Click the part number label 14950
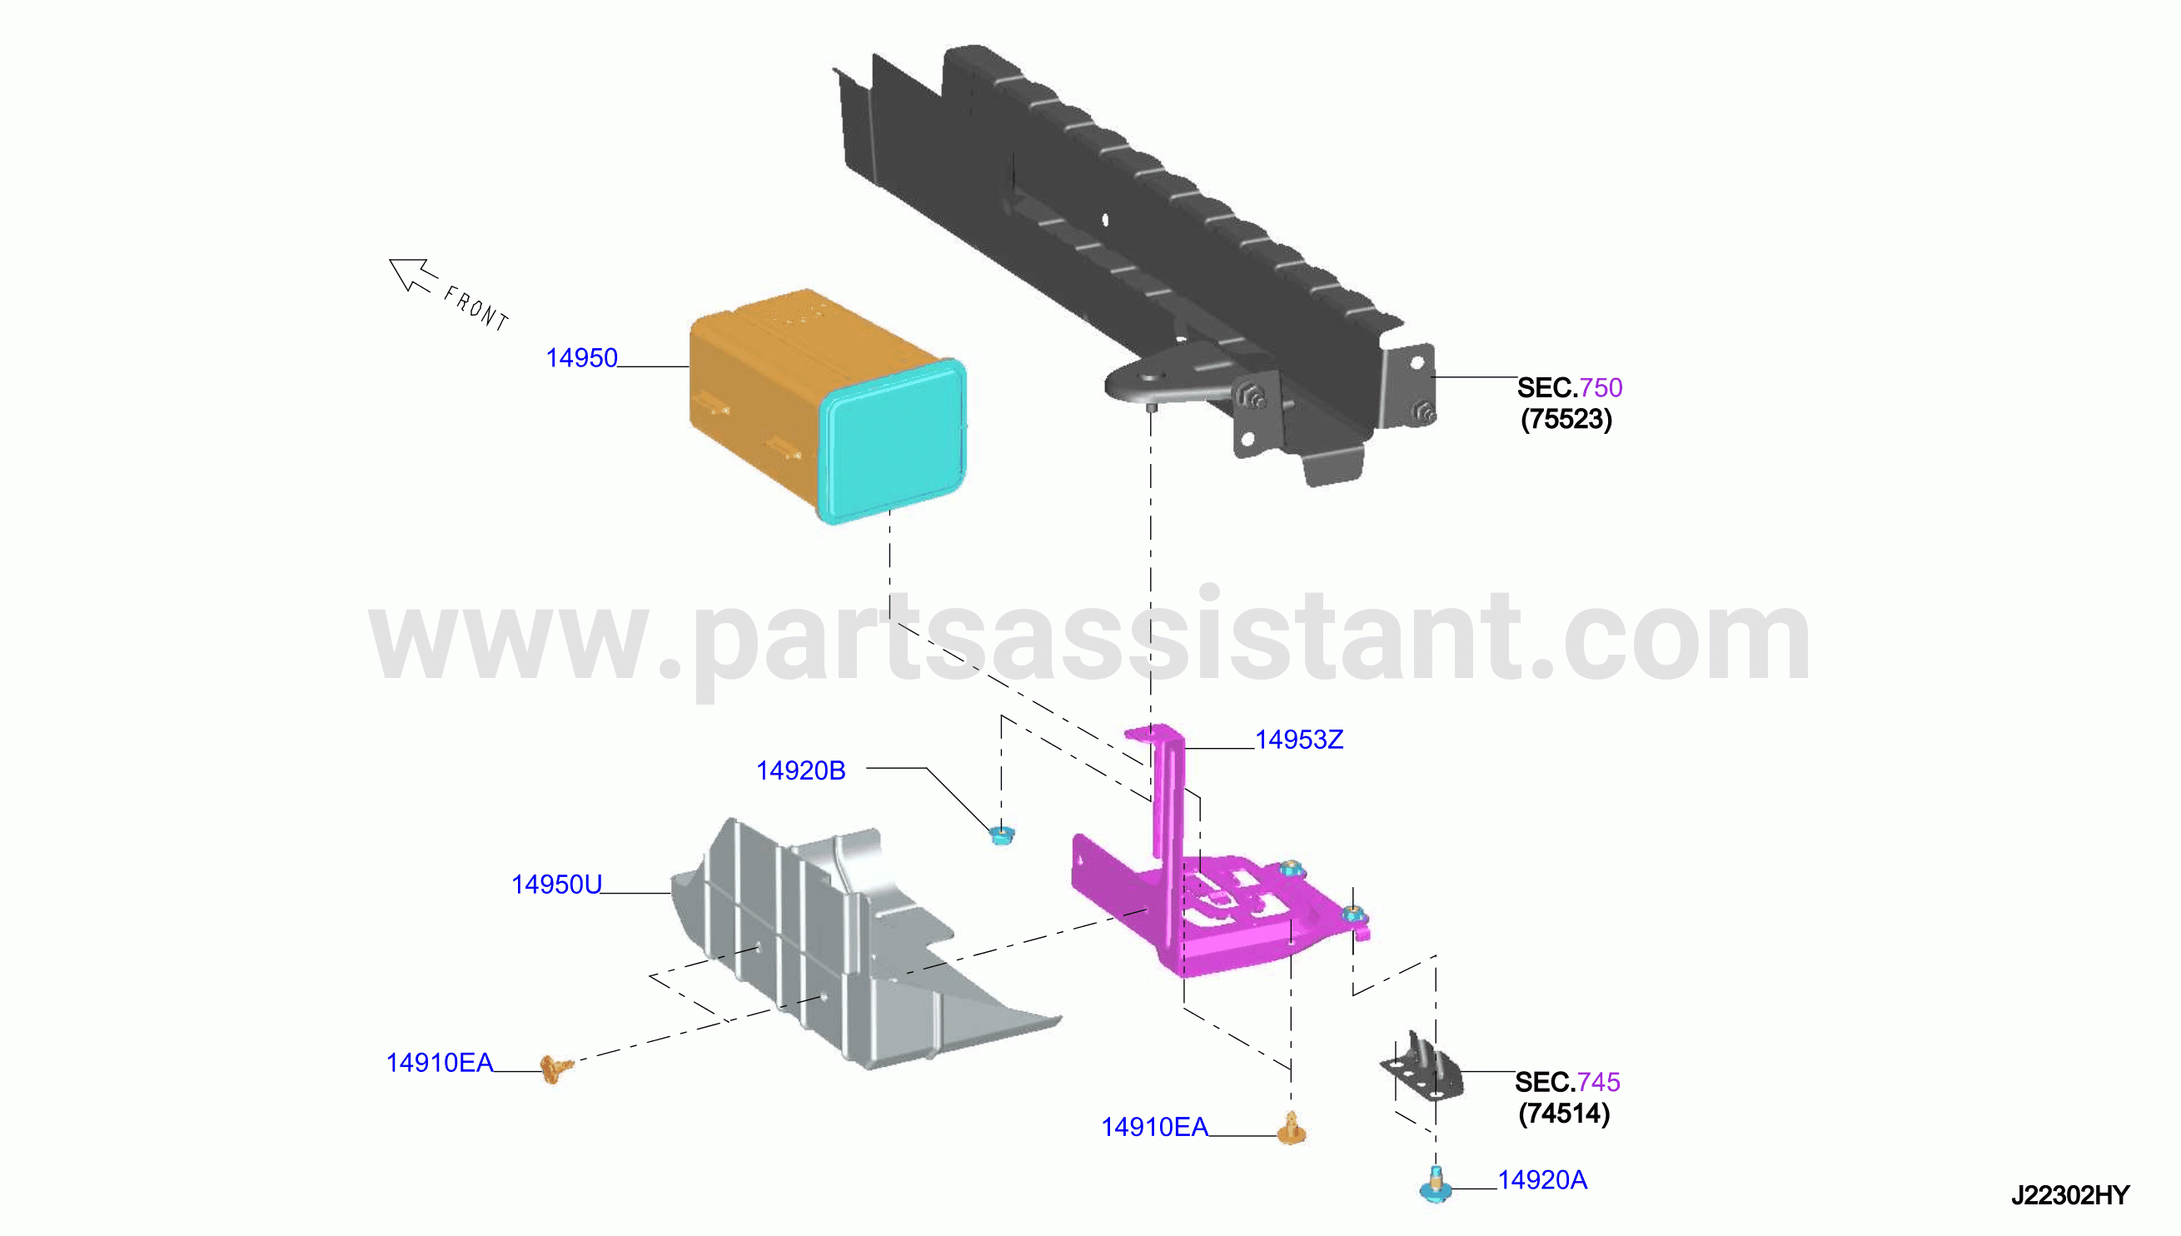coord(581,358)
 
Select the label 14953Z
coord(1298,740)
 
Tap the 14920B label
coord(800,770)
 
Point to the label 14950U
coord(555,885)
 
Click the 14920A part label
coord(1541,1180)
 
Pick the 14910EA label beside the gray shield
coord(439,1063)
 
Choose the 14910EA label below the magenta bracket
coord(1154,1128)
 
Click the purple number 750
coord(1601,388)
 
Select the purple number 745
coord(1598,1083)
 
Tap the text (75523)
coord(1566,420)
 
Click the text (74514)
coord(1564,1114)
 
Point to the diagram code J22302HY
coord(2070,1195)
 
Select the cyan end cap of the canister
coord(891,441)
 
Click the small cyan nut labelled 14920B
coord(1003,835)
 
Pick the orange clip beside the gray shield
coord(555,1069)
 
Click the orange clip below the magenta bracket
coord(1291,1129)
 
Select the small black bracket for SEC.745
coord(1422,1069)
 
